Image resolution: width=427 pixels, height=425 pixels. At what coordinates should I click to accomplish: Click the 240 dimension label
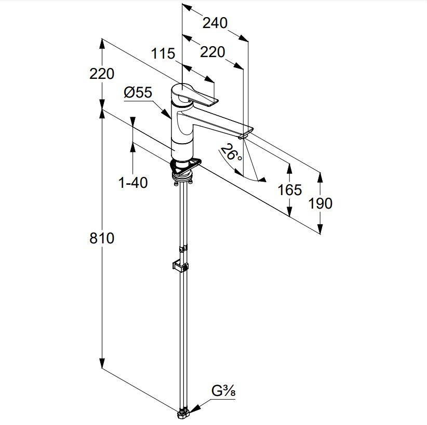tap(215, 23)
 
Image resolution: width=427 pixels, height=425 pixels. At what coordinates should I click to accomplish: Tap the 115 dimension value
tap(163, 53)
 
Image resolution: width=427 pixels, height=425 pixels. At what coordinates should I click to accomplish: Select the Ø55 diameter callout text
tap(138, 92)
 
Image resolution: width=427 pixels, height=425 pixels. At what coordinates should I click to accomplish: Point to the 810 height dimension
tap(102, 238)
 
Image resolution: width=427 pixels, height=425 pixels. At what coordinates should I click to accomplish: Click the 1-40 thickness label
tap(133, 183)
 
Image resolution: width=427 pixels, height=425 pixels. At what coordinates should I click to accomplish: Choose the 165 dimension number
tap(290, 189)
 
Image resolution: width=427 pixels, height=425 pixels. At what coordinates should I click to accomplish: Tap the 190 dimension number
tap(320, 203)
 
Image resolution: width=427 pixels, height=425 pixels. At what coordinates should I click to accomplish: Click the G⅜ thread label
tap(223, 392)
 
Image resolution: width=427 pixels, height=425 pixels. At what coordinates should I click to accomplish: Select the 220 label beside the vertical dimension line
tap(102, 74)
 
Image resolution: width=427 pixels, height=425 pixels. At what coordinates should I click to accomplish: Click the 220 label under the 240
tap(212, 52)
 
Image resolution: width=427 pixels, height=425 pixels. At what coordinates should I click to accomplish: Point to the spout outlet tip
tap(243, 137)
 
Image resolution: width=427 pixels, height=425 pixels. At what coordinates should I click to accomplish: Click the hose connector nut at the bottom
tap(183, 415)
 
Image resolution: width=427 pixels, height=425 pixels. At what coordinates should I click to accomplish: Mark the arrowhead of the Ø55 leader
tap(167, 114)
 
